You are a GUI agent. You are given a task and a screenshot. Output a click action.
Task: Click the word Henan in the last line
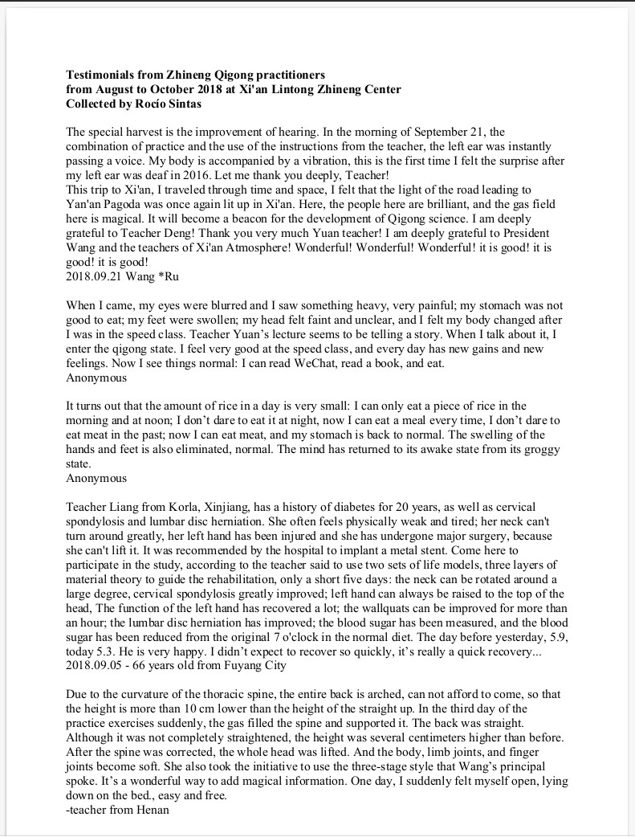153,810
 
